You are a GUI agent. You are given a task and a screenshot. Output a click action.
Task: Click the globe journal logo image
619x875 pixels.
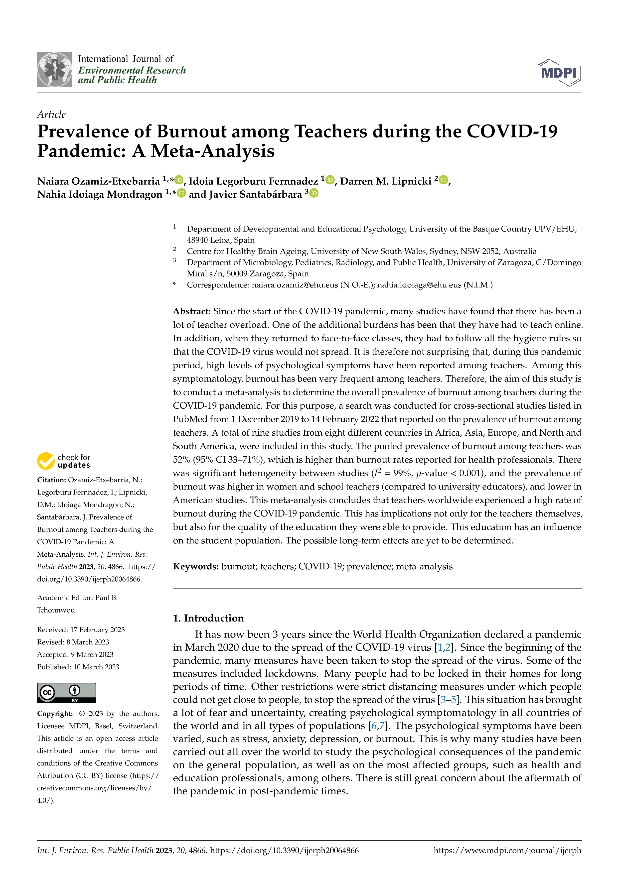click(x=54, y=70)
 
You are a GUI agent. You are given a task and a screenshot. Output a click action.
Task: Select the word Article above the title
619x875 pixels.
click(x=51, y=114)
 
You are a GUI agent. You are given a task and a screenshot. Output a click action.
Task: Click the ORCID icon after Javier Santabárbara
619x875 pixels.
click(x=314, y=193)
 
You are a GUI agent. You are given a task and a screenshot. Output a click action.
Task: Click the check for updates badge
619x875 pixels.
click(x=64, y=461)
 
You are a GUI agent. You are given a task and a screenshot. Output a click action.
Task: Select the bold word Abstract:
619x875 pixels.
click(x=192, y=311)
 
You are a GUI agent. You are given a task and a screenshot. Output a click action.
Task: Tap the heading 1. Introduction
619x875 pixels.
click(x=208, y=618)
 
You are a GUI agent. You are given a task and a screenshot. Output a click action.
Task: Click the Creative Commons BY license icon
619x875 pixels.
click(x=66, y=693)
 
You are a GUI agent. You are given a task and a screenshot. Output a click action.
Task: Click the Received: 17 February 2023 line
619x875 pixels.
click(x=81, y=629)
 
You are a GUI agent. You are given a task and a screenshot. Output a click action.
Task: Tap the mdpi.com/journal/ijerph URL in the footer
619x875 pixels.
click(x=507, y=850)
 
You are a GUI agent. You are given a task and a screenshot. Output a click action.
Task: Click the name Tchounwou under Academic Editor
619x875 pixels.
click(x=56, y=610)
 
